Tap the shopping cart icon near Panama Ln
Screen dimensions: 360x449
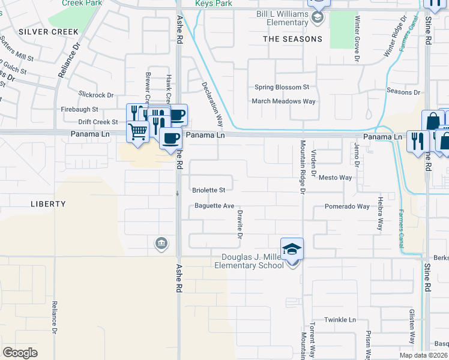tap(139, 131)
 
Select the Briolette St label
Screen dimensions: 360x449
tap(208, 190)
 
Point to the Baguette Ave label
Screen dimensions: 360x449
tap(214, 206)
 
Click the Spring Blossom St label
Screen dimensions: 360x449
tap(282, 87)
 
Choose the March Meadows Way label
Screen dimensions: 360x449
tap(283, 101)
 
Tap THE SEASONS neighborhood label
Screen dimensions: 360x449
tap(292, 39)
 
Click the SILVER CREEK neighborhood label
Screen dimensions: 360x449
tap(49, 31)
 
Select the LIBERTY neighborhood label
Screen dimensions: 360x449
tap(48, 204)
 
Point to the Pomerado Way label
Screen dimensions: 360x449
tap(347, 206)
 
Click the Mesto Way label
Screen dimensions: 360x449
tap(335, 178)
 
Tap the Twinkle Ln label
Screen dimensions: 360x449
tap(340, 320)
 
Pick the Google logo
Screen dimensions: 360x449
tap(20, 353)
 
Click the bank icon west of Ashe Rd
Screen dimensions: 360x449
tap(161, 243)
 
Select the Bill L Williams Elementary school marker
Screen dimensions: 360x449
tap(318, 17)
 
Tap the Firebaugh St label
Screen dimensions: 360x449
tap(79, 109)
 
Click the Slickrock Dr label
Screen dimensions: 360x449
tap(96, 95)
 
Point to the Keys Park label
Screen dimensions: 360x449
tap(213, 4)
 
